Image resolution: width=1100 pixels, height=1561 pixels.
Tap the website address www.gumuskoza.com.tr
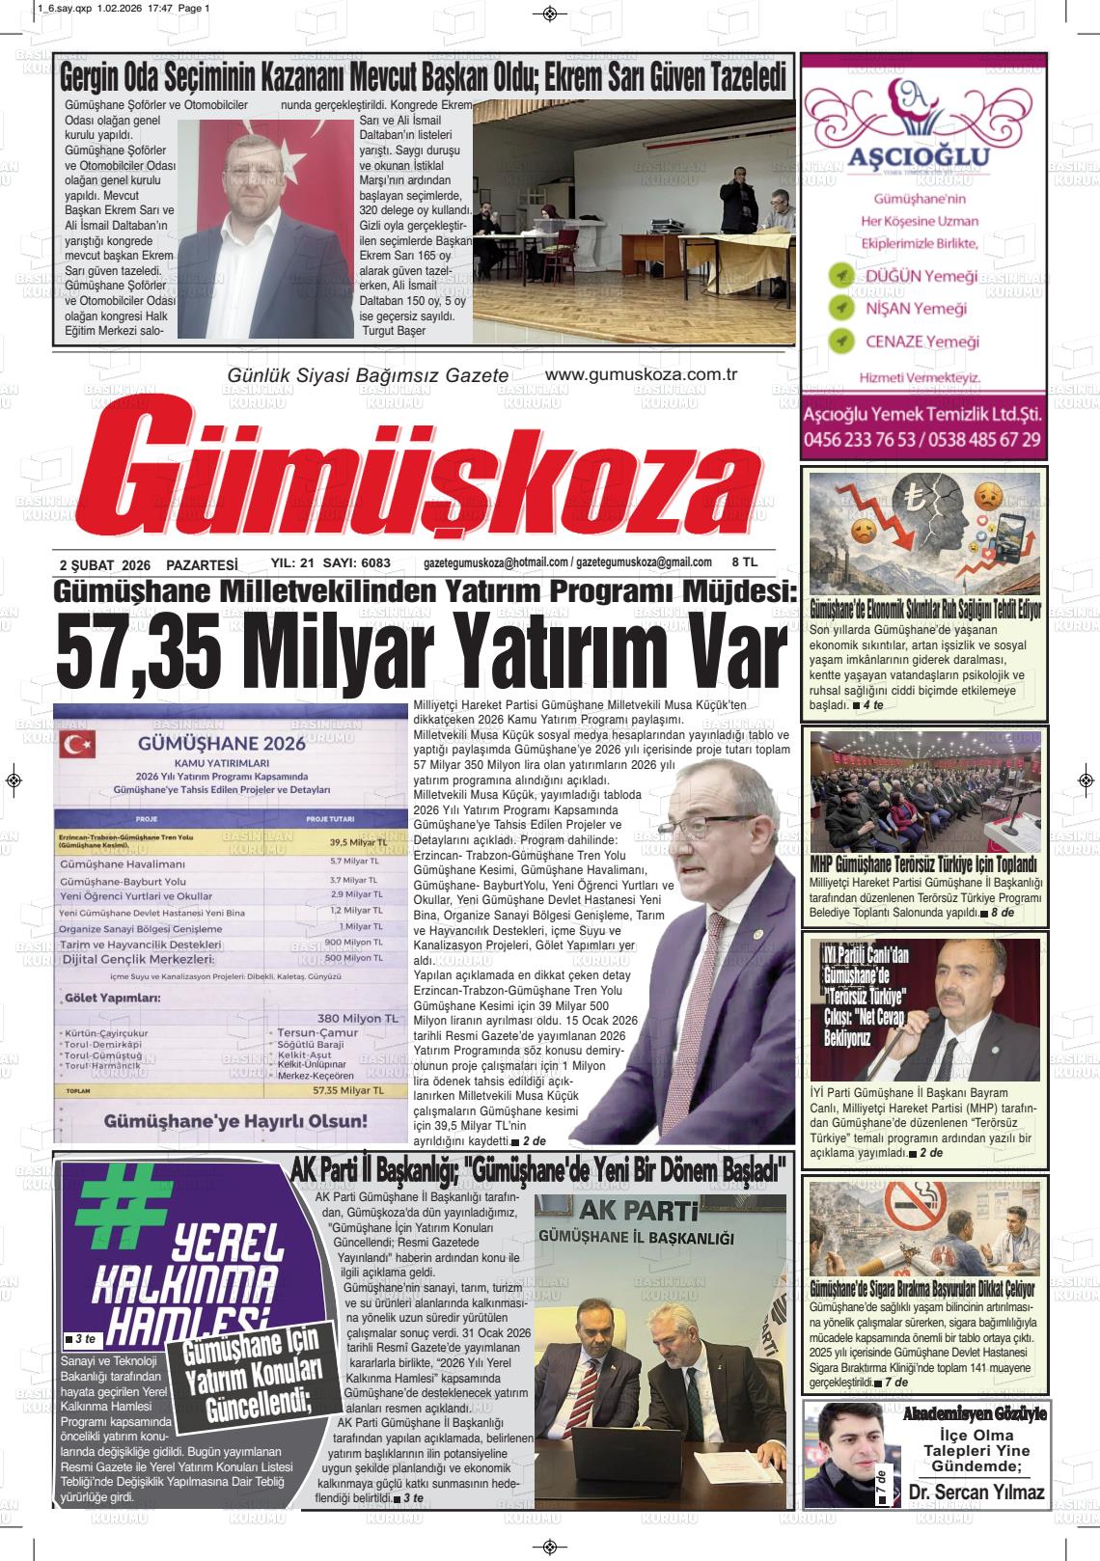click(x=641, y=375)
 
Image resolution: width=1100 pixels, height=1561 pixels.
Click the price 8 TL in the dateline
click(x=745, y=562)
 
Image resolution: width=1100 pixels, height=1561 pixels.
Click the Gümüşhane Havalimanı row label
click(x=122, y=863)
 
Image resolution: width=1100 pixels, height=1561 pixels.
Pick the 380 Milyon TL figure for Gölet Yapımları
click(x=357, y=1018)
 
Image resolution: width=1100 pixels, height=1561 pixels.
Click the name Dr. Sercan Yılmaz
click(x=977, y=1493)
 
